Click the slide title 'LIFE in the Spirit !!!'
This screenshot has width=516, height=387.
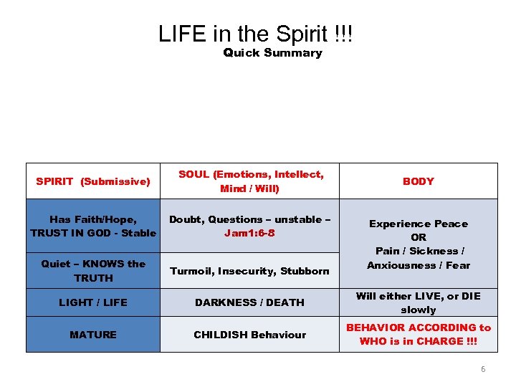pyautogui.click(x=256, y=34)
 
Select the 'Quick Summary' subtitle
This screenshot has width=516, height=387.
pyautogui.click(x=272, y=53)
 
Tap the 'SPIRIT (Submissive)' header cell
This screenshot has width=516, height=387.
pyautogui.click(x=93, y=181)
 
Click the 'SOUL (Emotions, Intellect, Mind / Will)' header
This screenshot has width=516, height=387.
pyautogui.click(x=250, y=181)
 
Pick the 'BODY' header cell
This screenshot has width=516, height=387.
pyautogui.click(x=418, y=181)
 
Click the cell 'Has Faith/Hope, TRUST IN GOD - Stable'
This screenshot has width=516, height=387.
pyautogui.click(x=93, y=226)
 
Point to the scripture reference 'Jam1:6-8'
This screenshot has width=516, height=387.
pyautogui.click(x=249, y=233)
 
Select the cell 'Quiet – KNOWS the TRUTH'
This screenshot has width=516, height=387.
pyautogui.click(x=93, y=270)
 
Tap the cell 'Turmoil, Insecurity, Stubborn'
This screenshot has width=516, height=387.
pyautogui.click(x=249, y=271)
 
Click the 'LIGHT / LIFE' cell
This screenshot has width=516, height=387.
pyautogui.click(x=93, y=302)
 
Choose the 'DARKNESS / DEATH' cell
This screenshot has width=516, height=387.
pyautogui.click(x=249, y=302)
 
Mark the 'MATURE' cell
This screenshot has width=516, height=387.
pyautogui.click(x=93, y=335)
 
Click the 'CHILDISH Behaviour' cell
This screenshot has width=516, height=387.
pyautogui.click(x=249, y=335)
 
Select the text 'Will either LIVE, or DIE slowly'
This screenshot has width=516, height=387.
pyautogui.click(x=418, y=302)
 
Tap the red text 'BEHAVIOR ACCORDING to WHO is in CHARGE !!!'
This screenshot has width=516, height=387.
pyautogui.click(x=418, y=334)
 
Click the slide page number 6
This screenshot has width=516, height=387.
pyautogui.click(x=482, y=369)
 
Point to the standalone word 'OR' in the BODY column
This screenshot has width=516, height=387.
pyautogui.click(x=419, y=237)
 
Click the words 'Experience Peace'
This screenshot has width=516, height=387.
pyautogui.click(x=418, y=224)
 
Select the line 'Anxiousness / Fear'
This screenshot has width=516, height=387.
pyautogui.click(x=418, y=265)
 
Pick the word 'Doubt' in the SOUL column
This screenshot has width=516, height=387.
pyautogui.click(x=184, y=219)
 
